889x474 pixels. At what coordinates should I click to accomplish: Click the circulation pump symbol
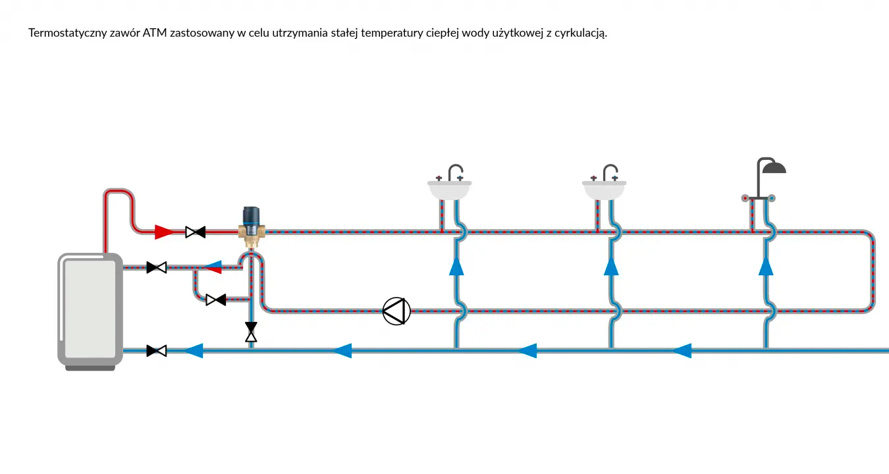(x=396, y=311)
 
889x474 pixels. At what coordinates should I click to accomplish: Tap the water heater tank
(x=90, y=308)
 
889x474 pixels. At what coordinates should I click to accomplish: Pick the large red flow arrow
(x=164, y=232)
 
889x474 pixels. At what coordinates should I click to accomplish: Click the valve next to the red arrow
(x=195, y=232)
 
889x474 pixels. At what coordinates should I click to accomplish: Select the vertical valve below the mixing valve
(x=251, y=332)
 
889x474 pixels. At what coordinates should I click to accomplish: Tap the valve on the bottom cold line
(x=156, y=351)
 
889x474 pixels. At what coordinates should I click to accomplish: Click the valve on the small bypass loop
(x=215, y=300)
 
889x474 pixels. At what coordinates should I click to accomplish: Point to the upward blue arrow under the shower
(x=765, y=265)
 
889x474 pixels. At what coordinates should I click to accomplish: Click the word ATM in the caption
(x=155, y=33)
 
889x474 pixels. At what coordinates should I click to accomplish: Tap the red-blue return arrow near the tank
(x=212, y=267)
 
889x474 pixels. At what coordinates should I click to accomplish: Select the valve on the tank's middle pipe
(x=156, y=267)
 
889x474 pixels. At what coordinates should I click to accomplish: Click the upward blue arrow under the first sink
(x=456, y=265)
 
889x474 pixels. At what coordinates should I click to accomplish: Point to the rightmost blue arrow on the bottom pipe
(x=682, y=351)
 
